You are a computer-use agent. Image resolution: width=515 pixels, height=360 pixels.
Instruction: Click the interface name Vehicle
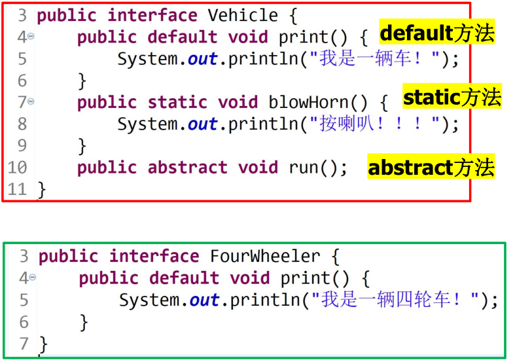(242, 15)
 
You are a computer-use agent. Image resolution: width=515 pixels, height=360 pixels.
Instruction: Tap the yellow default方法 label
(437, 32)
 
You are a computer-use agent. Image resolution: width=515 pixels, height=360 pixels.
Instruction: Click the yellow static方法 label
(452, 98)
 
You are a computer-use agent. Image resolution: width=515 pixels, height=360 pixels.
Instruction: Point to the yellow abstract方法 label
(431, 168)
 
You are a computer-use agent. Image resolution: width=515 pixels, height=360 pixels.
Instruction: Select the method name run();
(318, 168)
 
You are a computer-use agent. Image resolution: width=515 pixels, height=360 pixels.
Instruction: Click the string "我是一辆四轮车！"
(396, 300)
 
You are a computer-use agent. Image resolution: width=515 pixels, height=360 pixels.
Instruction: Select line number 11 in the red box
(17, 190)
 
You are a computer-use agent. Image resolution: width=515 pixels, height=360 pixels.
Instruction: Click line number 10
(17, 168)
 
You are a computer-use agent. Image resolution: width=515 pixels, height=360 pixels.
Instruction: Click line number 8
(22, 124)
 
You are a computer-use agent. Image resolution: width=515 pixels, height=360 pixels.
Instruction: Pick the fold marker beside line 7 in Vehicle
(31, 101)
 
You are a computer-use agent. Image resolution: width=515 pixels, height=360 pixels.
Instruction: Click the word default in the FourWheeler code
(184, 278)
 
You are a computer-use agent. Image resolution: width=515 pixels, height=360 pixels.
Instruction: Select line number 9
(22, 146)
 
